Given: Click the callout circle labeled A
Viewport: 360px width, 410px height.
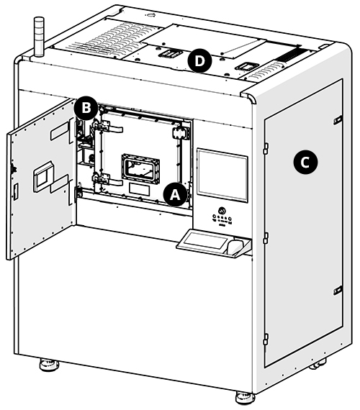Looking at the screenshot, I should click(174, 193).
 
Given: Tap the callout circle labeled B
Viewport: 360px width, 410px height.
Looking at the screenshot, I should click(85, 108).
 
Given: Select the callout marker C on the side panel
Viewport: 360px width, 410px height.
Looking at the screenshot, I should click(305, 163).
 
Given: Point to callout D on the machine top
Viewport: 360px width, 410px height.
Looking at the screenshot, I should click(199, 61).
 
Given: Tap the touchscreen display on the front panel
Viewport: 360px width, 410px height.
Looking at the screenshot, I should click(222, 174).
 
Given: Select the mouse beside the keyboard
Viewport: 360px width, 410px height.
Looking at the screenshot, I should click(233, 247).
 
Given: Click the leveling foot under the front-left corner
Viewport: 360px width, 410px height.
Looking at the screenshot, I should click(49, 365).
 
